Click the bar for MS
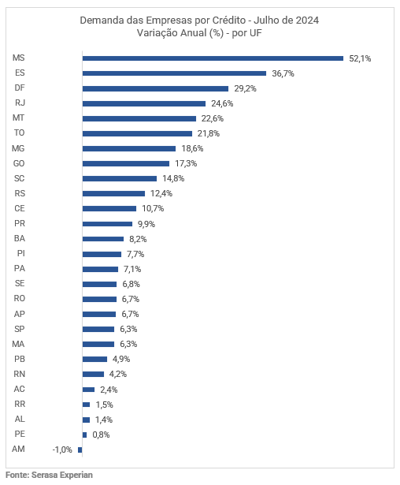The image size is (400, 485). pos(213,58)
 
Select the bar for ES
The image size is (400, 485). pos(174,73)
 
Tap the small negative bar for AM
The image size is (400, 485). pos(80,450)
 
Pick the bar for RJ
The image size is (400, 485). pos(144,103)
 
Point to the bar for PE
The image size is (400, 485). pos(84,435)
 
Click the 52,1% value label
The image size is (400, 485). pos(360,58)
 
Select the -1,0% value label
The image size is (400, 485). pos(62,450)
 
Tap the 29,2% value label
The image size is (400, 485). pos(245,88)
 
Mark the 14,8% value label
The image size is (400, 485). pos(173,178)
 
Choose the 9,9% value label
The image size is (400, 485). pos(146,224)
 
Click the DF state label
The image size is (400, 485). pos(20,88)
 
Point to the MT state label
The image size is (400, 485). pos(19,118)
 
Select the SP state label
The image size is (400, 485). pos(20,329)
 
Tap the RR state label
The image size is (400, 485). pos(20,404)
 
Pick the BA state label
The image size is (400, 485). pos(20,238)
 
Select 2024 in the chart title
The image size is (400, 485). pos(307,21)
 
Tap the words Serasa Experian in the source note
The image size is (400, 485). pos(62,475)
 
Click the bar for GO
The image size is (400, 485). pos(126,163)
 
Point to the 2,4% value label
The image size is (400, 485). pos(109,390)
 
